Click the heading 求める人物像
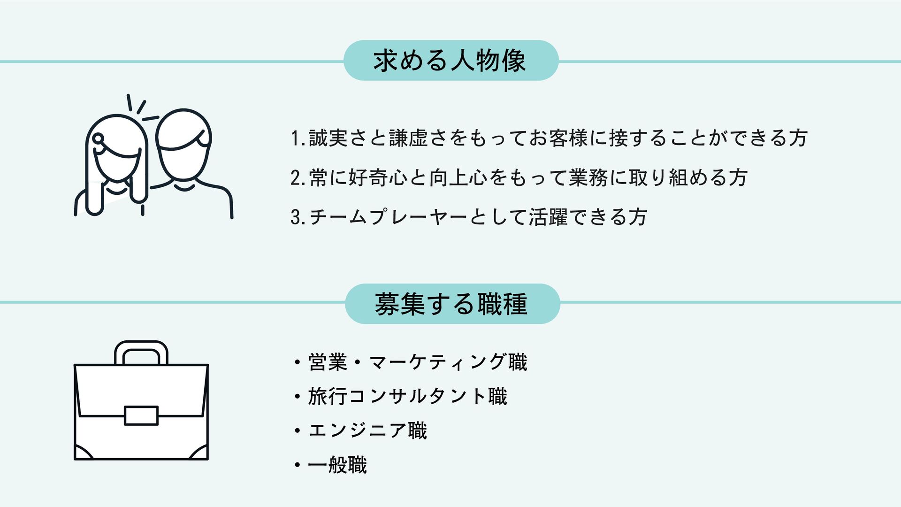point(450,61)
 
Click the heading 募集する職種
point(451,304)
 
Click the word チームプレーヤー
point(388,217)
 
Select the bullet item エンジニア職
point(367,431)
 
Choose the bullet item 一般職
point(337,465)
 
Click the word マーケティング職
point(448,362)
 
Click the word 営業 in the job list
point(328,362)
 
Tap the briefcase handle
point(141,351)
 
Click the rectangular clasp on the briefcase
point(141,416)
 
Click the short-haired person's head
point(183,141)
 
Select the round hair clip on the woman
point(99,138)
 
